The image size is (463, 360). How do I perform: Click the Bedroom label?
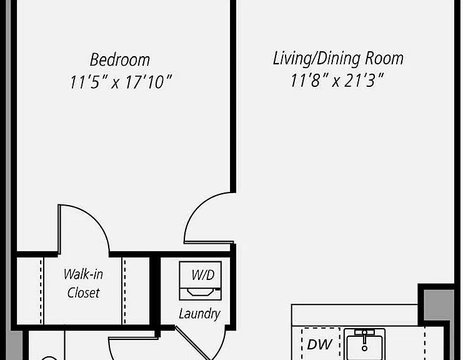point(120,60)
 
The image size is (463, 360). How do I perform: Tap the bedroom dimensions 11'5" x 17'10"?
point(121,82)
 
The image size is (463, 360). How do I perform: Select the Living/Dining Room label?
point(338,59)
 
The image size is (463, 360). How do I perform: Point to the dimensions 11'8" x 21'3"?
point(337,81)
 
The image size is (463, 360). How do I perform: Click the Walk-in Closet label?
point(83,284)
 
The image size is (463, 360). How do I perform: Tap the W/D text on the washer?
point(203,275)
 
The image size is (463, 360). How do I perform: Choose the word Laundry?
point(199,314)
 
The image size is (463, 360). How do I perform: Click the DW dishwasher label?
point(319,344)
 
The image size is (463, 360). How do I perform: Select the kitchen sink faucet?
point(365,339)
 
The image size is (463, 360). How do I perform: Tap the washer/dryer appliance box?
point(200,281)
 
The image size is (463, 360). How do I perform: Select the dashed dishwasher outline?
point(321,344)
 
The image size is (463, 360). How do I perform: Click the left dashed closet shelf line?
point(41,291)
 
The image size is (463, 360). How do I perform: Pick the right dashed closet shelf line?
point(124,291)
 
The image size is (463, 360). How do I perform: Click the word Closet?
point(83,293)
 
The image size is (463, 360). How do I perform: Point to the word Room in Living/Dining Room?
point(384,59)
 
